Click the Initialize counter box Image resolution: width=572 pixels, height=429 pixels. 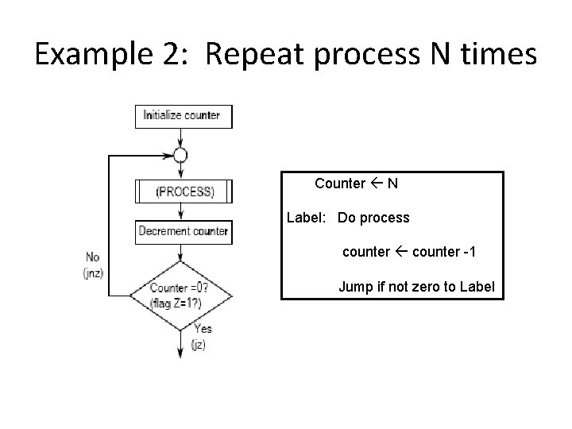(182, 116)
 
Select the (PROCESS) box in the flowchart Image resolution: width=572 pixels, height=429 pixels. (184, 191)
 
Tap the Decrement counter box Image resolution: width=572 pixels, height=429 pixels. (183, 232)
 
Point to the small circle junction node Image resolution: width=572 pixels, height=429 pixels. (181, 155)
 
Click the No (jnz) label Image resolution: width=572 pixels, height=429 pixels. (93, 265)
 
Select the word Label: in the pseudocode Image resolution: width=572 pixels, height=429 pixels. (307, 218)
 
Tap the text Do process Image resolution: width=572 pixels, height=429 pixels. (373, 218)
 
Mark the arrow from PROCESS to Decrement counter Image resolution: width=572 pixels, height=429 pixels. (182, 211)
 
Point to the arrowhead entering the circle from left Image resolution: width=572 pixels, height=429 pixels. (169, 155)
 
